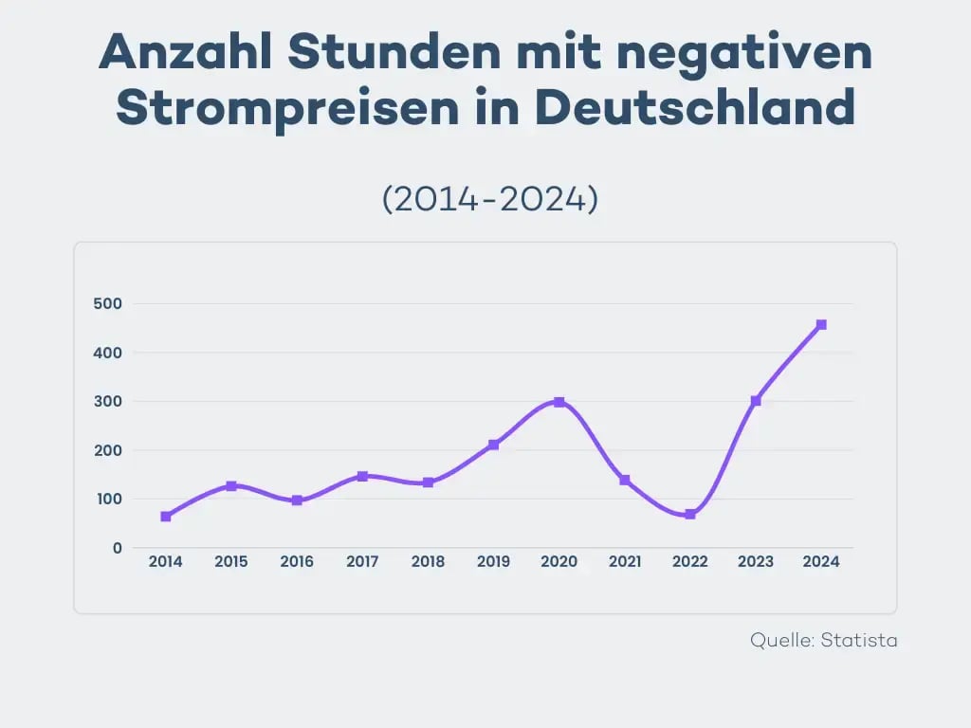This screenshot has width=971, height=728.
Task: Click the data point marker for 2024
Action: [x=821, y=325]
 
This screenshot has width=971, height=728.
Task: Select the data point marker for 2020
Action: [x=559, y=402]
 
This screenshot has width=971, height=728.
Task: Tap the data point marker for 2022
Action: [x=690, y=515]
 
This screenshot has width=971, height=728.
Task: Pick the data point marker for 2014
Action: [x=166, y=517]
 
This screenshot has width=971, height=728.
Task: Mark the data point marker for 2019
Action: [x=494, y=445]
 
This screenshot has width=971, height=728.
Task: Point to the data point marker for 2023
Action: [x=756, y=401]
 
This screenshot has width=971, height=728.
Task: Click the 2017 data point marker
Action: [x=362, y=476]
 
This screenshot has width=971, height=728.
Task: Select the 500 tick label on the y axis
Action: [x=108, y=304]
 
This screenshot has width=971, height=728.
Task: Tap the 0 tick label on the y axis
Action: [x=118, y=548]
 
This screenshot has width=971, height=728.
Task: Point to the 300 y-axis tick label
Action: [x=108, y=402]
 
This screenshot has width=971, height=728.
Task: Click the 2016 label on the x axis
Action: [x=297, y=562]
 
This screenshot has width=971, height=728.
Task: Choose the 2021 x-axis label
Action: [x=625, y=562]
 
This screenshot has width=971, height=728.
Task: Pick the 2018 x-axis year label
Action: [x=428, y=562]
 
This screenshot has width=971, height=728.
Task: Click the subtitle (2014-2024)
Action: [x=489, y=199]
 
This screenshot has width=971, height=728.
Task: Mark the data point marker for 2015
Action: [x=231, y=486]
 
